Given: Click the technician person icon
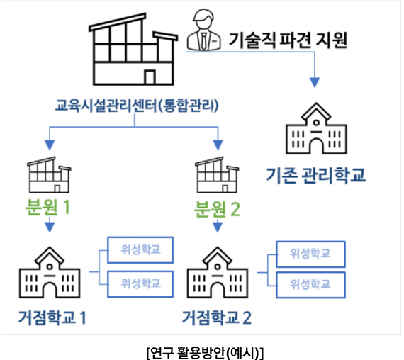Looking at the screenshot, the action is point(203,30).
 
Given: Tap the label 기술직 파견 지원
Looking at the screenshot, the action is point(288,40).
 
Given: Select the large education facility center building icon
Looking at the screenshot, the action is point(133,49).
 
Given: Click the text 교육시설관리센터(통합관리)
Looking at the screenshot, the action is point(137,106).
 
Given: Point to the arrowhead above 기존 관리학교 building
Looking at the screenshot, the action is point(314,82).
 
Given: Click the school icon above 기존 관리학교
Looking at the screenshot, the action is point(316,128).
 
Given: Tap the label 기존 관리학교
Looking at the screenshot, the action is point(316,175).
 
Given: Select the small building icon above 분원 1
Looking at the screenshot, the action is point(49,175).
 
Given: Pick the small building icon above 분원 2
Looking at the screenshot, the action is point(217,175).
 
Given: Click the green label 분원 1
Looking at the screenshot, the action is point(48,208).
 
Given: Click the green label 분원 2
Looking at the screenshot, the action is point(217,209).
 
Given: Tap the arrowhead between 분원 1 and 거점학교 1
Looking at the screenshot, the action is point(50,227).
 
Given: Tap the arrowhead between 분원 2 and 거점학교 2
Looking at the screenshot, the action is point(218,227).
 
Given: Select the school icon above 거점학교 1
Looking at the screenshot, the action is point(50,272).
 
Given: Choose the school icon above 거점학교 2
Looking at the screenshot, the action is point(218,272).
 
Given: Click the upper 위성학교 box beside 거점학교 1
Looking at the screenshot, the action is point(140,250).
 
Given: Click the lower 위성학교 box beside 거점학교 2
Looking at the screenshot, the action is point(310,285).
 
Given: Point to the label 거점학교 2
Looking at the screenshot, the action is point(217,317).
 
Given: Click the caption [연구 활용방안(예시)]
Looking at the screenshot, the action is point(205,352).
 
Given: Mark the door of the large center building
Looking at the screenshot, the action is point(150,77).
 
